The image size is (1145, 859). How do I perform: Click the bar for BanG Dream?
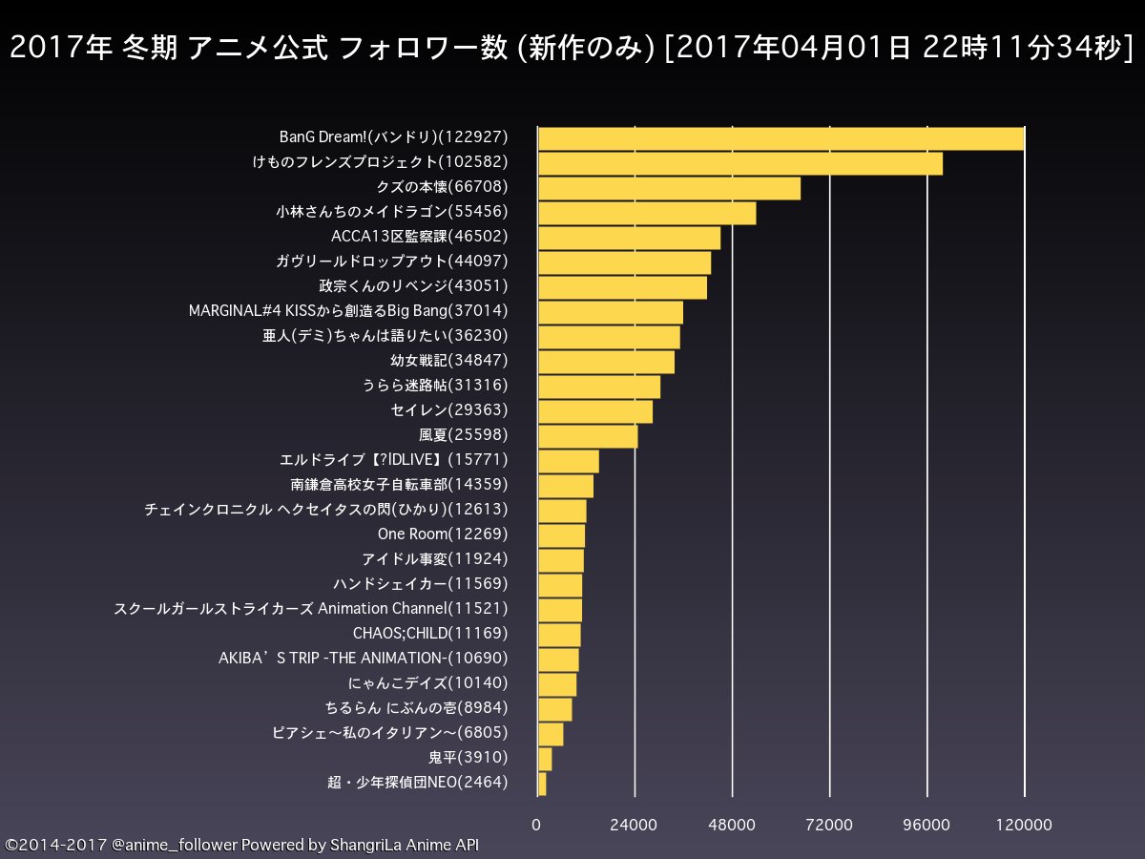pyautogui.click(x=781, y=138)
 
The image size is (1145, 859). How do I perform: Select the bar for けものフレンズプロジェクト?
pyautogui.click(x=740, y=163)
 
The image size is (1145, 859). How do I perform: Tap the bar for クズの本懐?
pyautogui.click(x=669, y=188)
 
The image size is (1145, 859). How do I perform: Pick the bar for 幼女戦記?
pyautogui.click(x=606, y=362)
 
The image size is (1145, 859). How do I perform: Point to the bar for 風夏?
pyautogui.click(x=588, y=436)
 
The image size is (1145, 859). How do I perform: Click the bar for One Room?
pyautogui.click(x=561, y=535)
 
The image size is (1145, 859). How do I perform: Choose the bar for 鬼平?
pyautogui.click(x=545, y=759)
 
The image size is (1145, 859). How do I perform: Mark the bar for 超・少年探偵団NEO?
pyautogui.click(x=542, y=784)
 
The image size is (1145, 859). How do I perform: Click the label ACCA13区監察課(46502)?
pyautogui.click(x=419, y=236)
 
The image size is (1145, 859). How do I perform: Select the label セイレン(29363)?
pyautogui.click(x=448, y=409)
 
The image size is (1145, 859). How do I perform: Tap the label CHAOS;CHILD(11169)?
pyautogui.click(x=430, y=633)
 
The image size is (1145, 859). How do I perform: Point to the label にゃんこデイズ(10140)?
pyautogui.click(x=428, y=682)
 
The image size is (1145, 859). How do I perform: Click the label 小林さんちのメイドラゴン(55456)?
pyautogui.click(x=391, y=211)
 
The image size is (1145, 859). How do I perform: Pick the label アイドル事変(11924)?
pyautogui.click(x=434, y=558)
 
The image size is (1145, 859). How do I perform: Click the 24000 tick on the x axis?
pyautogui.click(x=635, y=825)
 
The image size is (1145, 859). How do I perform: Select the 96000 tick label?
pyautogui.click(x=927, y=825)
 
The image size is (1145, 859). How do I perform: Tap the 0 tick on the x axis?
pyautogui.click(x=537, y=825)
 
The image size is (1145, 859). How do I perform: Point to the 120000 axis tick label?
pyautogui.click(x=1025, y=825)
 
